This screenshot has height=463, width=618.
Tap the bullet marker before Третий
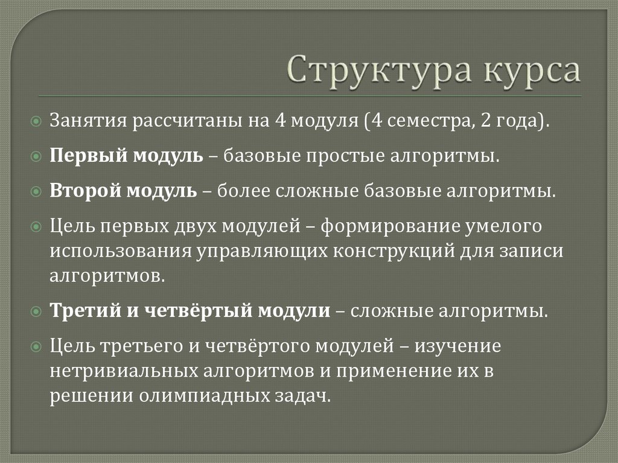pos(37,312)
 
